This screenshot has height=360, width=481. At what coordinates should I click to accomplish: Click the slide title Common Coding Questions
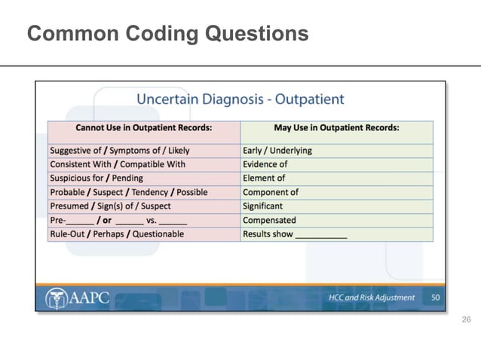point(167,34)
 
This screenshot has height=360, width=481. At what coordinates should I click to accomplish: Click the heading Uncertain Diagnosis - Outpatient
point(240,99)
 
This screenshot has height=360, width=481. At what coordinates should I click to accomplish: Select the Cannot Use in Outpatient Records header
point(143,128)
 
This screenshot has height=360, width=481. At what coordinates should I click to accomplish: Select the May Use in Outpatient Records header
point(336,128)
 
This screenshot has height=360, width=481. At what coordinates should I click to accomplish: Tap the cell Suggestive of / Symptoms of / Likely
point(120,151)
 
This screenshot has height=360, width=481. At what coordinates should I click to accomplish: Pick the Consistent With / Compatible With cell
point(118,164)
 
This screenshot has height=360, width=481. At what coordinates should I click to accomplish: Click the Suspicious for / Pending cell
point(97,178)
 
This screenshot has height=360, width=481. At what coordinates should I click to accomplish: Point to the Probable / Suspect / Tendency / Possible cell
point(128,192)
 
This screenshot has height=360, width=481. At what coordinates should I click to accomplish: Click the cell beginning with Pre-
point(118,221)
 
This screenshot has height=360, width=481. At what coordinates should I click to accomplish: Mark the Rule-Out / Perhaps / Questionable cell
point(117,234)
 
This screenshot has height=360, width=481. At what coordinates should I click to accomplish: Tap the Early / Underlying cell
point(277,151)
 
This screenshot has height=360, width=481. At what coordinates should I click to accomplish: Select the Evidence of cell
point(265,164)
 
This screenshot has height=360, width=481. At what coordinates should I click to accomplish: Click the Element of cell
point(264,178)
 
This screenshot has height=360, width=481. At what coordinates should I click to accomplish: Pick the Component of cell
point(270,192)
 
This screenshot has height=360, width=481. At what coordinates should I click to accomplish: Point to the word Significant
point(262,206)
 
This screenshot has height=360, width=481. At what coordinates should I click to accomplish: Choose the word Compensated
point(269,221)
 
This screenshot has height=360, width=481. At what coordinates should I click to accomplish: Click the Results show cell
point(294,234)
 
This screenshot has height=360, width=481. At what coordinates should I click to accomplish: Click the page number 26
point(465,321)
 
